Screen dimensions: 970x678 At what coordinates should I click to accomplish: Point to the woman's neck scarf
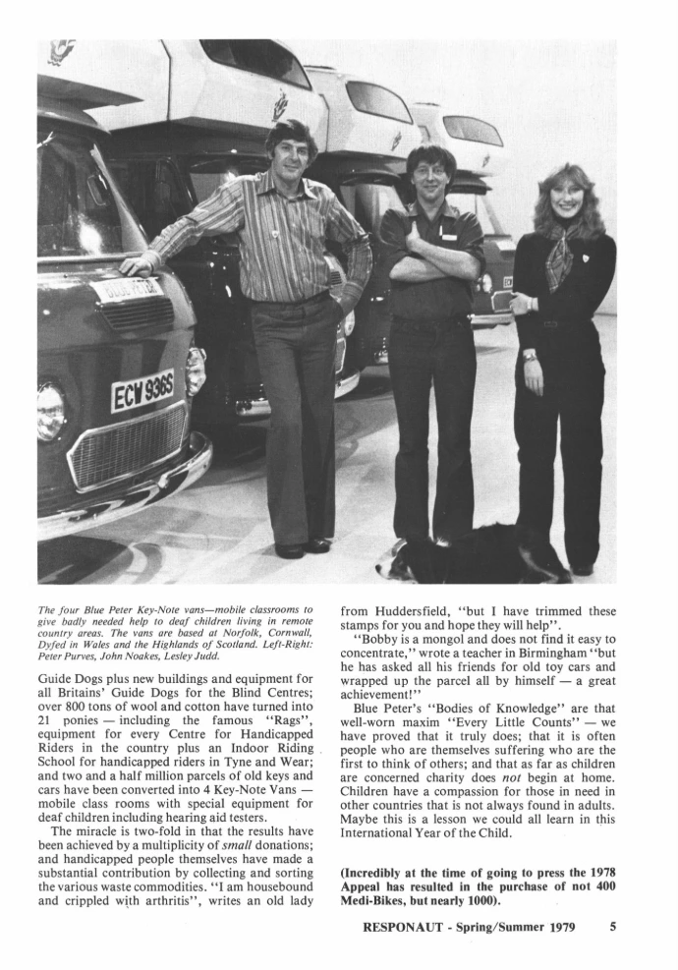point(559,258)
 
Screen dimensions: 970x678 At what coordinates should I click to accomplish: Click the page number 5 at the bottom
point(612,925)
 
